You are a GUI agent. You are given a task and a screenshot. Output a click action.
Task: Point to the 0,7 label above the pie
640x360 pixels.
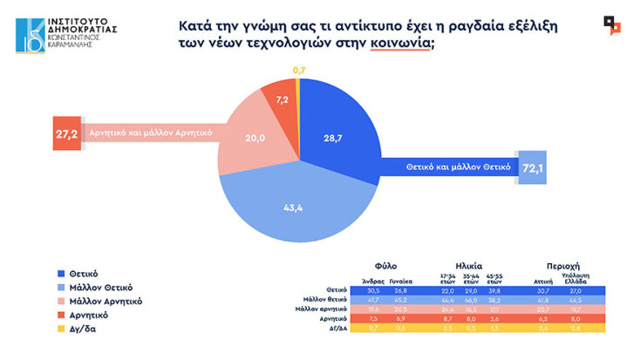[299, 69]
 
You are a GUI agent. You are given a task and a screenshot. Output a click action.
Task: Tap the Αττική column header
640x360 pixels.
[543, 280]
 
